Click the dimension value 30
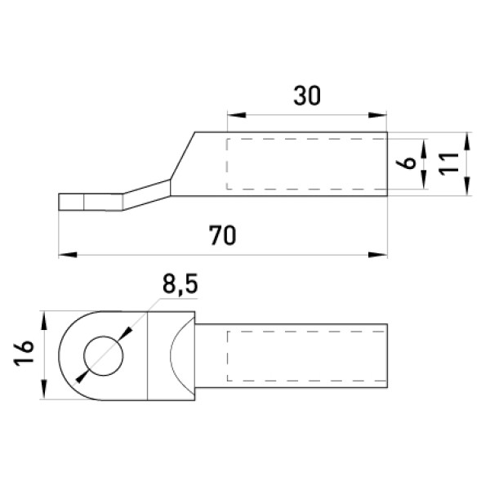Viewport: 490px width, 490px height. click(x=307, y=96)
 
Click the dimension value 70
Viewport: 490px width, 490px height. click(x=222, y=235)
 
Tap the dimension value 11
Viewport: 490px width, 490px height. click(x=448, y=163)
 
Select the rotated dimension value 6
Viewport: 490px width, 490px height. click(x=406, y=163)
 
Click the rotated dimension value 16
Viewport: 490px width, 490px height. click(x=24, y=353)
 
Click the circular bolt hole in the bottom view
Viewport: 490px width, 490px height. click(x=104, y=355)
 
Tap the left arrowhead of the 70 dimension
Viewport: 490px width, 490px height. click(x=68, y=255)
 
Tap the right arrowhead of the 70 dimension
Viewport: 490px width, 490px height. click(x=378, y=255)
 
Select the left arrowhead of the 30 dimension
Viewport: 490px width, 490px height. click(x=237, y=115)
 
